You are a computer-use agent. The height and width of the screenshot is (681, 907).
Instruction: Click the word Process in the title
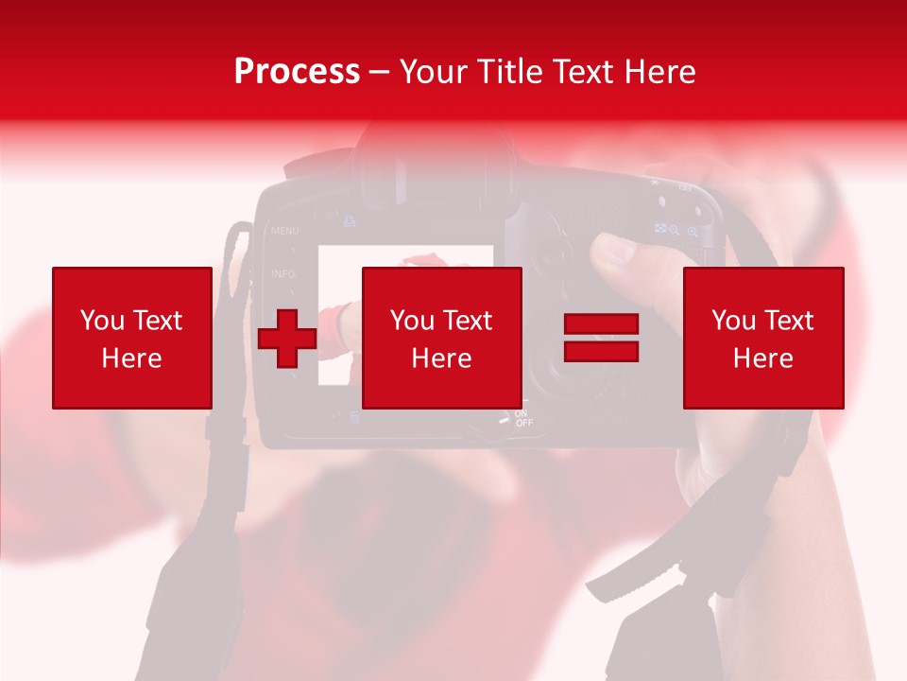click(297, 72)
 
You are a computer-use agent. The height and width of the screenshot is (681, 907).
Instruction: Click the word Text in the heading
click(582, 72)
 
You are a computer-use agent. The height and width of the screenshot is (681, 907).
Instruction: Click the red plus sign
click(287, 339)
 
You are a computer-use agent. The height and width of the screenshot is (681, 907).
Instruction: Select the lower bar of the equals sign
click(602, 351)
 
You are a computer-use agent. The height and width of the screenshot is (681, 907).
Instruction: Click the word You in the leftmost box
click(102, 321)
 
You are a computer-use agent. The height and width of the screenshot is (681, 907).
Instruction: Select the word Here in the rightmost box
click(763, 358)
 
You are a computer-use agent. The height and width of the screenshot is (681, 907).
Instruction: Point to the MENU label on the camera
click(284, 231)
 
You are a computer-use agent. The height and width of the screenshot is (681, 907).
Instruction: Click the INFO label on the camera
click(283, 274)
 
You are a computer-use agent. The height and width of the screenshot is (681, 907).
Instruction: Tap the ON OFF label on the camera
click(523, 418)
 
